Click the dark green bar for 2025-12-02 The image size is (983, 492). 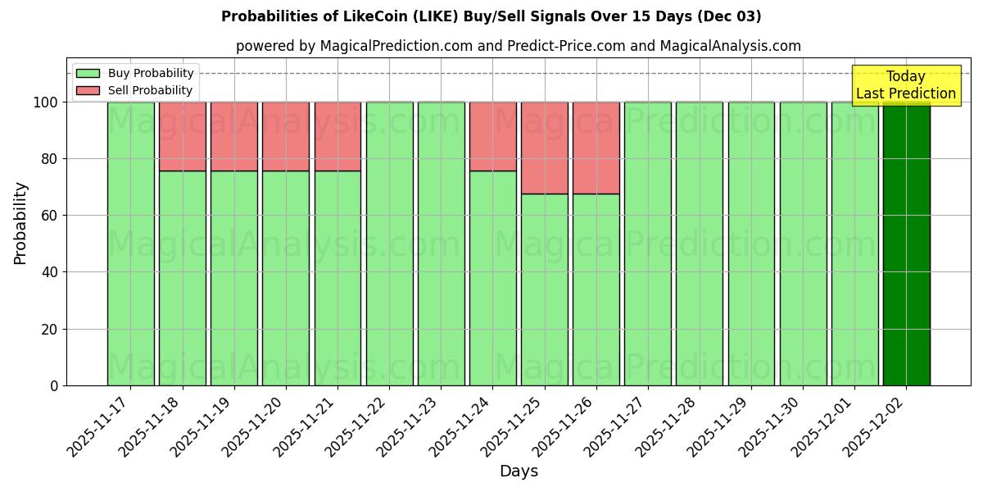pyautogui.click(x=906, y=244)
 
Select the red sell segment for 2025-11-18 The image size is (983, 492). pyautogui.click(x=182, y=136)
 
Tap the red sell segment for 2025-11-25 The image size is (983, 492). pyautogui.click(x=545, y=148)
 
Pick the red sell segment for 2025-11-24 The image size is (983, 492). pyautogui.click(x=493, y=136)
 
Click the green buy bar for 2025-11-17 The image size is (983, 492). pyautogui.click(x=130, y=244)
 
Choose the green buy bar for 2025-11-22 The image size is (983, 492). pyautogui.click(x=389, y=244)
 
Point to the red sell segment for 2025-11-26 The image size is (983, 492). pyautogui.click(x=596, y=148)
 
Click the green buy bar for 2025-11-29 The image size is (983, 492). pyautogui.click(x=751, y=244)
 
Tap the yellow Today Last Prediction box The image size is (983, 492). pyautogui.click(x=905, y=85)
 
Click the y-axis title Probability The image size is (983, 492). pyautogui.click(x=20, y=222)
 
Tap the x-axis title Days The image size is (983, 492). pyautogui.click(x=519, y=471)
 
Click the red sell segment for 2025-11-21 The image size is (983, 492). pyautogui.click(x=337, y=136)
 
